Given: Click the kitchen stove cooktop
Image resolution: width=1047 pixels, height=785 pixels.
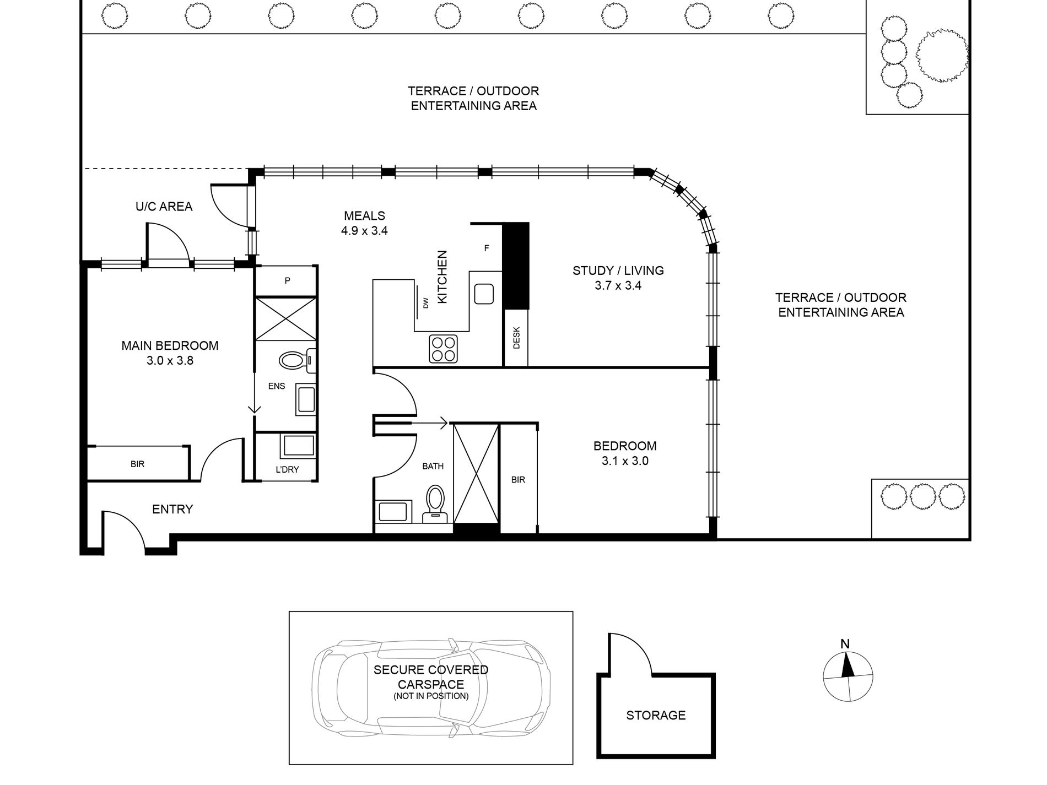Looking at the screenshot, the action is pos(444,349).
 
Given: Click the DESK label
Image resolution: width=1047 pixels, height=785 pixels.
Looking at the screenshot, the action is pos(516,338).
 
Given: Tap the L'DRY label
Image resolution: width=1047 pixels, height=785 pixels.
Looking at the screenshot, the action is pos(287,470).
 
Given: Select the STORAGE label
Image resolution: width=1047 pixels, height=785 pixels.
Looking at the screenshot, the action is pos(656,715).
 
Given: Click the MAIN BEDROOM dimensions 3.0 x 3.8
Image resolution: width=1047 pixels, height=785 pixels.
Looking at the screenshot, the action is pos(170,361).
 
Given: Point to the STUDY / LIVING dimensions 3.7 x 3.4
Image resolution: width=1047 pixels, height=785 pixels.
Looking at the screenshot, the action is pos(618,285).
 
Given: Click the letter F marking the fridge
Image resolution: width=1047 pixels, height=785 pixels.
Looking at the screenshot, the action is pos(487,248).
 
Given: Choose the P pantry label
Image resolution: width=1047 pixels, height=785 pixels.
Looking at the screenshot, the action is pos(287,281).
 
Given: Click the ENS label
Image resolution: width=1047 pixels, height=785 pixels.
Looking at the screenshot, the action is pos(277,386).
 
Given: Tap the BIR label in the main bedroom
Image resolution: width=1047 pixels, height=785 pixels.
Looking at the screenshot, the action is pos(138,464).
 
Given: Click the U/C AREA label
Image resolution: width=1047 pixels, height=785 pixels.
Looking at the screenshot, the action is pos(164,207).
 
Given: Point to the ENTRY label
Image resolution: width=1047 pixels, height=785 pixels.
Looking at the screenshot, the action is pos(172,510).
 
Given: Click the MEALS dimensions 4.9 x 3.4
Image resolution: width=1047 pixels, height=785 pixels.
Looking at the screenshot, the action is pos(364,231).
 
